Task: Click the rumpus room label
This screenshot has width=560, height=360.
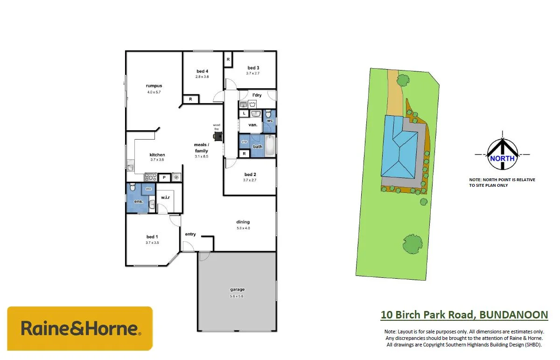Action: tap(154, 86)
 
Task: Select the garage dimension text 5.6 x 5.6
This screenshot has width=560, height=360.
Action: tap(237, 296)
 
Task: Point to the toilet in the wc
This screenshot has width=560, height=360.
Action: tap(268, 114)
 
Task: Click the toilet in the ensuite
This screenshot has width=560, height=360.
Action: tap(133, 188)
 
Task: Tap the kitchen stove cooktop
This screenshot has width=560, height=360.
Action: tap(150, 177)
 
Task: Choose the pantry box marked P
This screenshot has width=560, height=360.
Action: tap(164, 177)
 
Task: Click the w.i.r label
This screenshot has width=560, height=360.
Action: tap(165, 198)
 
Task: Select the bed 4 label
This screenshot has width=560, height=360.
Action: tap(202, 71)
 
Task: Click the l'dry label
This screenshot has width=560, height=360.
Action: tap(257, 95)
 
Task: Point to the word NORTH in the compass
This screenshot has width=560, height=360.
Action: tap(502, 158)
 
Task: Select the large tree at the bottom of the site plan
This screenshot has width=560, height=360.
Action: tap(412, 243)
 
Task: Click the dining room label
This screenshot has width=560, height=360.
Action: tap(243, 222)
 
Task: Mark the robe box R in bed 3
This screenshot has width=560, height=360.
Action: tap(228, 60)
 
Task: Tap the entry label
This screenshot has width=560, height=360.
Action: tap(190, 234)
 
